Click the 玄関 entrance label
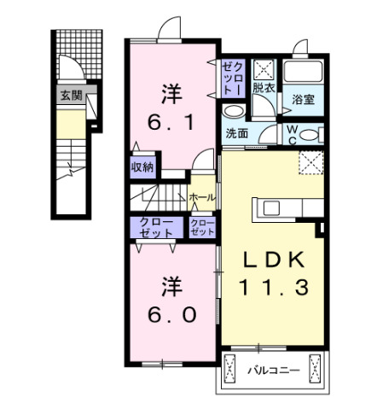[x=71, y=96]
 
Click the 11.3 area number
[x=273, y=289]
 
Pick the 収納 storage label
[x=142, y=166]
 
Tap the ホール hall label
[x=202, y=197]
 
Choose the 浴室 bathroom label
[x=304, y=99]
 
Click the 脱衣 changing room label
[x=262, y=87]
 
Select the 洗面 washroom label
[x=236, y=133]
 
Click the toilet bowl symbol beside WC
[x=312, y=134]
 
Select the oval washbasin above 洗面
[x=231, y=112]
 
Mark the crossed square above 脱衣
[x=263, y=68]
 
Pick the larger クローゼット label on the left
[x=155, y=226]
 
